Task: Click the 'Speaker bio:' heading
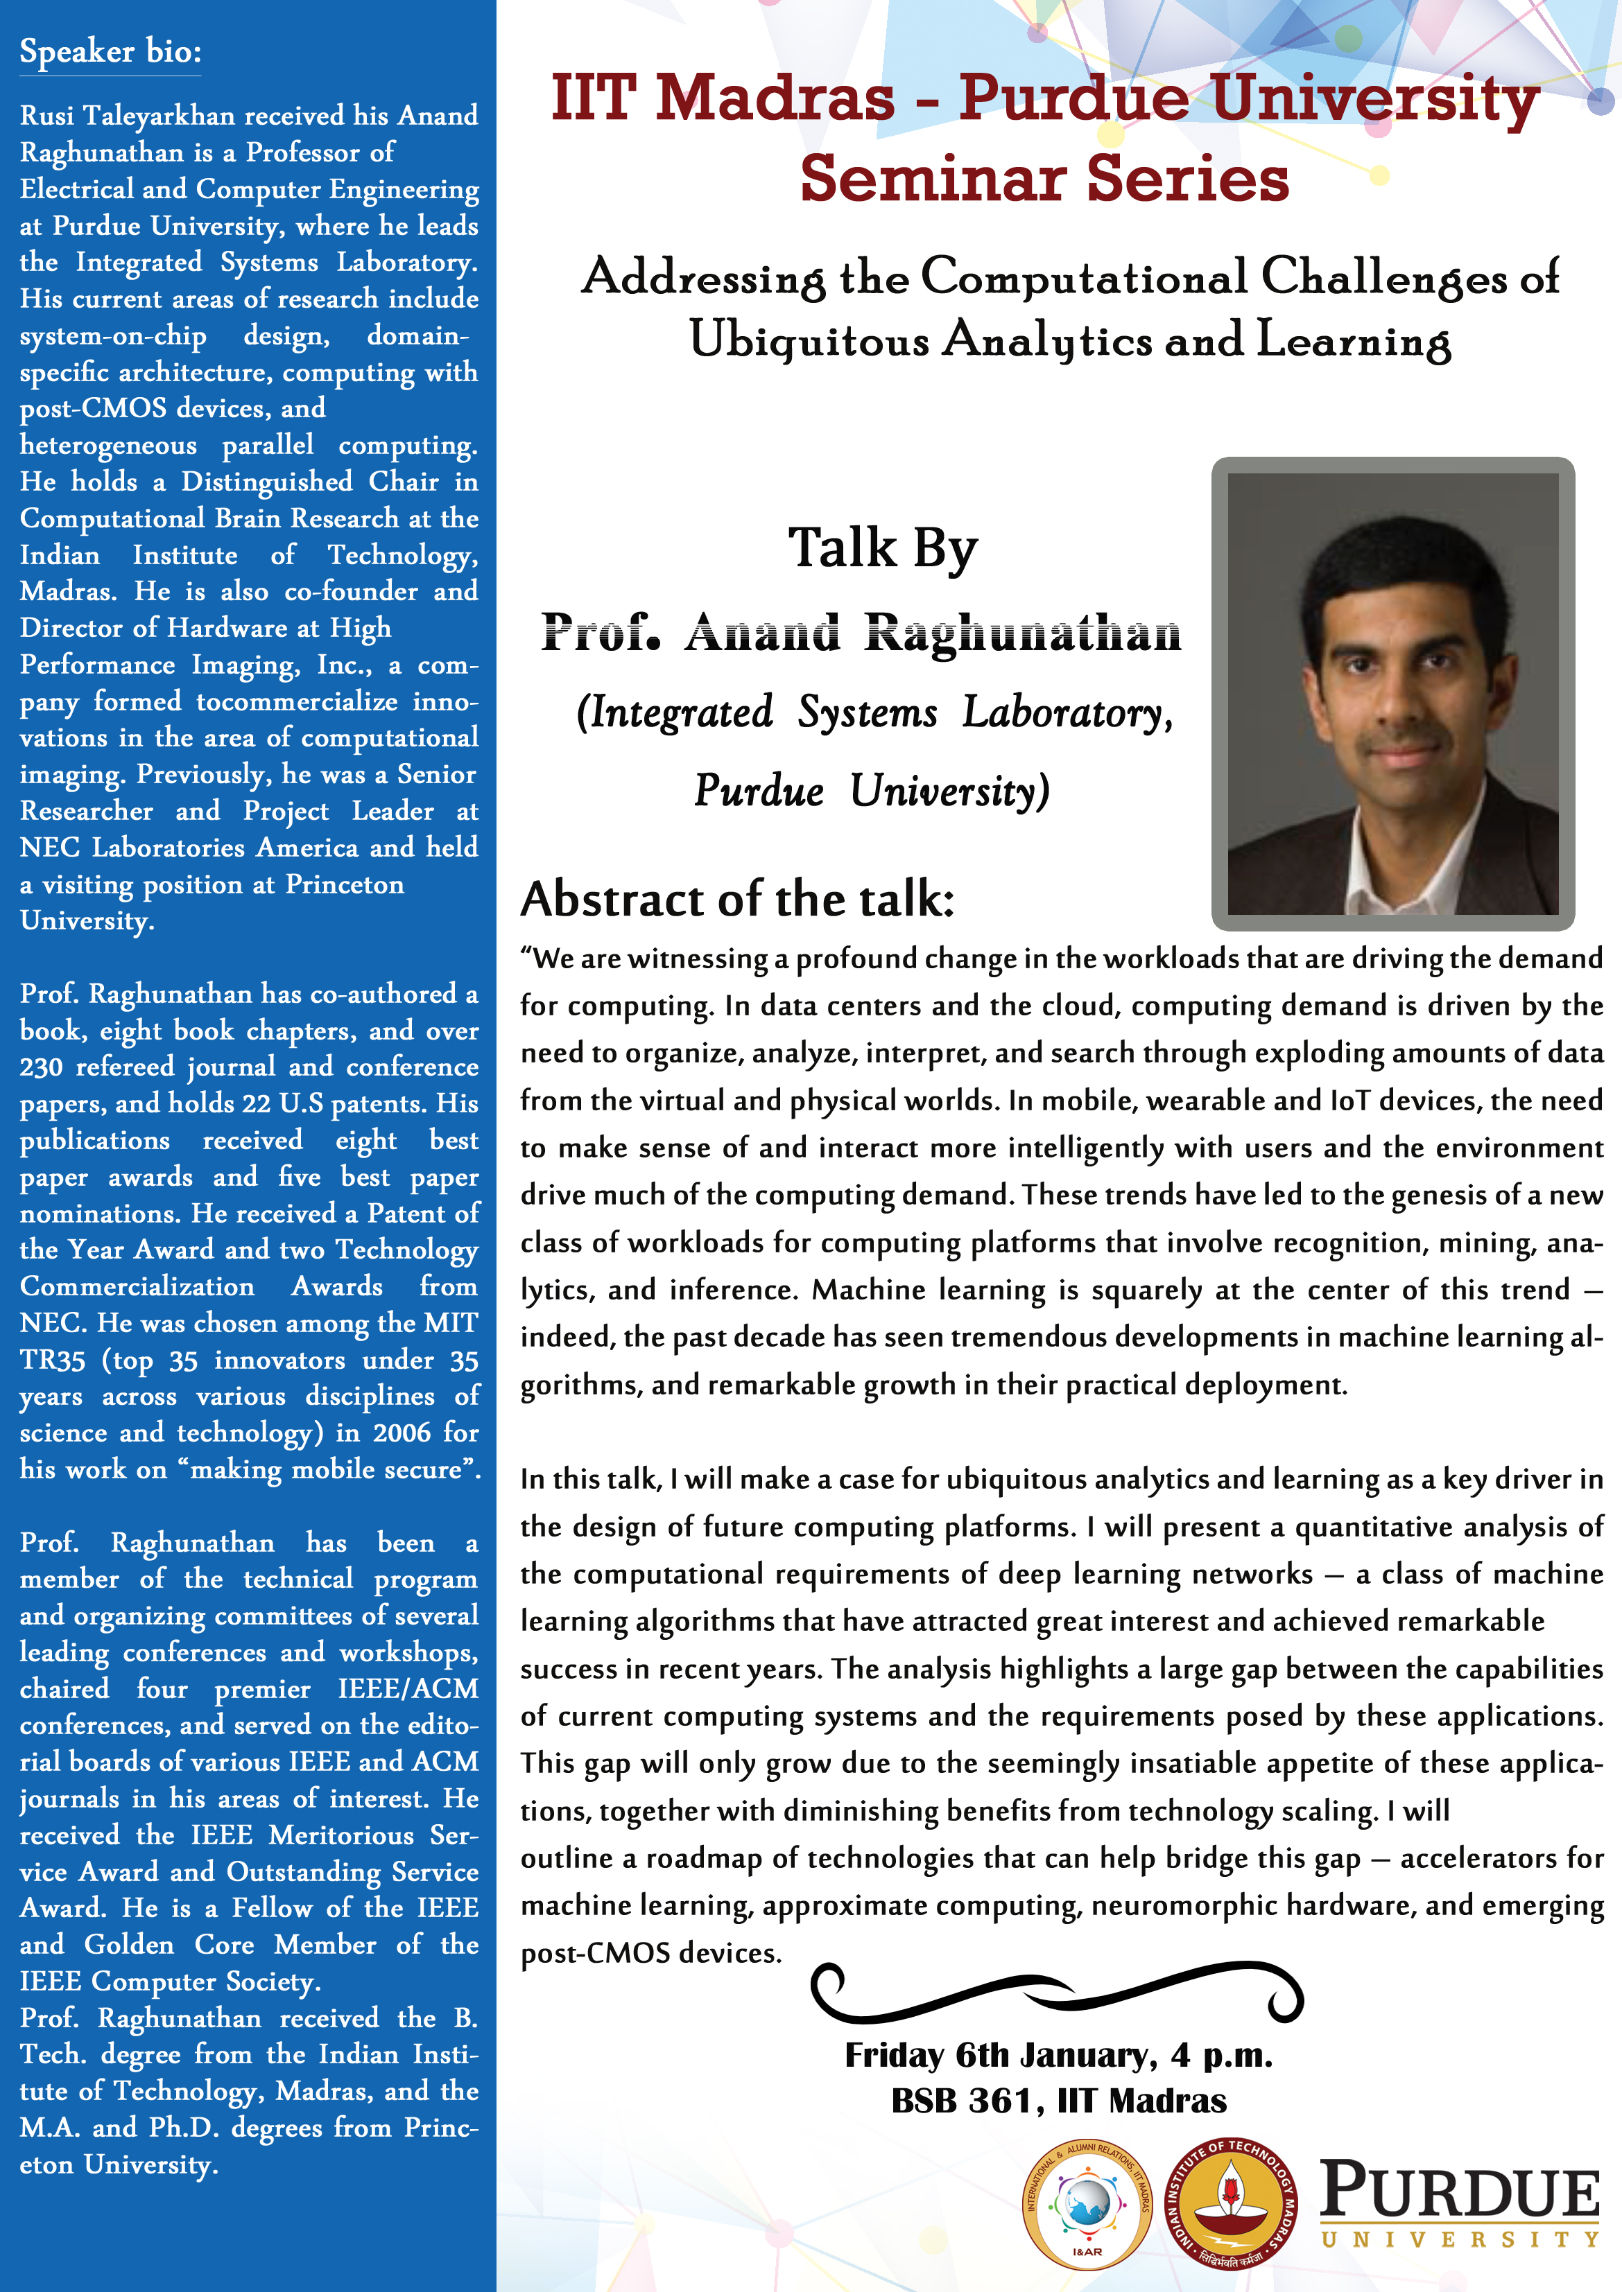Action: click(x=110, y=52)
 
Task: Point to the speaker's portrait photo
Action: click(x=1392, y=693)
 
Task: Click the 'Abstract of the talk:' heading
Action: click(x=737, y=900)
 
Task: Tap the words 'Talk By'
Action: click(x=883, y=548)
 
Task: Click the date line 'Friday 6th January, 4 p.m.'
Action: click(x=1059, y=2056)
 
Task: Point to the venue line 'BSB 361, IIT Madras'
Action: click(x=1059, y=2101)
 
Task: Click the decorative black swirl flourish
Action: click(x=1057, y=1993)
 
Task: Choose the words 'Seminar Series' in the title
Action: click(x=1045, y=180)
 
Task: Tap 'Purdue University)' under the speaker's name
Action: click(x=872, y=791)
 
